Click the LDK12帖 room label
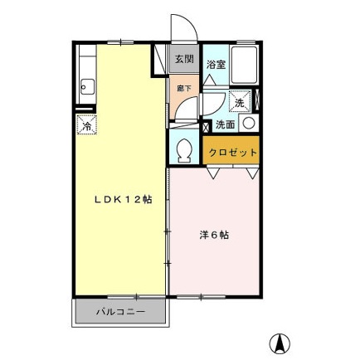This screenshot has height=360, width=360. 122,199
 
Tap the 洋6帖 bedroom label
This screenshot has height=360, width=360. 213,235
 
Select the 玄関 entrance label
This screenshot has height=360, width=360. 183,59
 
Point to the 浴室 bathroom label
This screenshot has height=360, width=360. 216,63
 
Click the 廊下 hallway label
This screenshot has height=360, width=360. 182,85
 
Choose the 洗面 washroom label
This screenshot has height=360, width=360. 225,124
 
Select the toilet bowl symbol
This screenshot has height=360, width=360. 184,149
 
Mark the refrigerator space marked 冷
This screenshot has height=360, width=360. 86,126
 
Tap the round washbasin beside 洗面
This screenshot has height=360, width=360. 248,124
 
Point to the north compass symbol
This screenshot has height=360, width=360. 281,340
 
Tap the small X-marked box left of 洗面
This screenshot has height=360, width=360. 206,126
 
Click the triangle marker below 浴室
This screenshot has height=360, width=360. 210,79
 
